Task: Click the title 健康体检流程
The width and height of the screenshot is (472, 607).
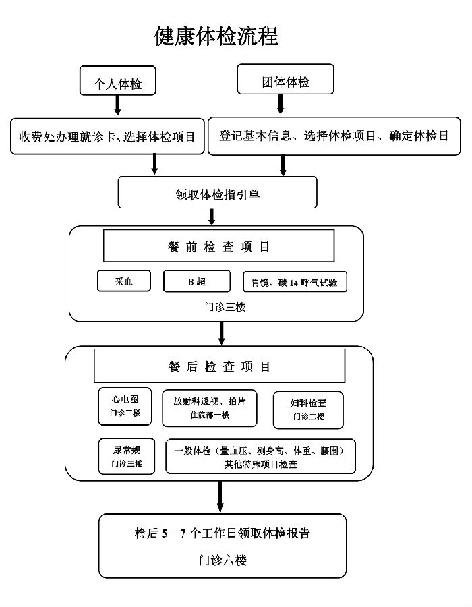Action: pyautogui.click(x=216, y=36)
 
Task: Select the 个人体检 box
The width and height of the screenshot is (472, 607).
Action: pyautogui.click(x=117, y=80)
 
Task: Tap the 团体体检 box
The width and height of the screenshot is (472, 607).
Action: pyautogui.click(x=285, y=79)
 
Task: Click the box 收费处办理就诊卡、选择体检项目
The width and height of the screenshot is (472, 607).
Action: pyautogui.click(x=107, y=136)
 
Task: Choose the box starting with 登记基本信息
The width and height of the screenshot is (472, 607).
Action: pyautogui.click(x=334, y=136)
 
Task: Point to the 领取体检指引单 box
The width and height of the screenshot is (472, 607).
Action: pyautogui.click(x=217, y=192)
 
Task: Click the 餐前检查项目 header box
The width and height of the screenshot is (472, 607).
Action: pyautogui.click(x=218, y=245)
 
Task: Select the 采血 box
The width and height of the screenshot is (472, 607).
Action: pyautogui.click(x=124, y=281)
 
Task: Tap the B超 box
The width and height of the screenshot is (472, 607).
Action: pyautogui.click(x=196, y=281)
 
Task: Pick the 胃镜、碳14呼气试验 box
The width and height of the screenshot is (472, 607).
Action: pyautogui.click(x=295, y=282)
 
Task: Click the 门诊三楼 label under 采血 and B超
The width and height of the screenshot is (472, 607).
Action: pyautogui.click(x=225, y=308)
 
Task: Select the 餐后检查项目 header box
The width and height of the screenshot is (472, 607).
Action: pyautogui.click(x=219, y=366)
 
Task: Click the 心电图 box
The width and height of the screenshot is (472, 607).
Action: pyautogui.click(x=125, y=406)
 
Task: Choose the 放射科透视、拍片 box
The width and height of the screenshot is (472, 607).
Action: pyautogui.click(x=209, y=408)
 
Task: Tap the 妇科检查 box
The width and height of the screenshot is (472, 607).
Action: pyautogui.click(x=308, y=410)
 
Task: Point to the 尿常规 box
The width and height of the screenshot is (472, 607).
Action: pyautogui.click(x=127, y=457)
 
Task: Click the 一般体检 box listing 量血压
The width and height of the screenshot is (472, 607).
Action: pyautogui.click(x=260, y=457)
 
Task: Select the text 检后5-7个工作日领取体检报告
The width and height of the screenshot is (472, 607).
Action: pyautogui.click(x=222, y=533)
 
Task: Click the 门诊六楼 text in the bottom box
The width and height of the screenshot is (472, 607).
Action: pyautogui.click(x=223, y=560)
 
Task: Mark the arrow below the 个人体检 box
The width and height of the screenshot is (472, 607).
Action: pyautogui.click(x=117, y=105)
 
